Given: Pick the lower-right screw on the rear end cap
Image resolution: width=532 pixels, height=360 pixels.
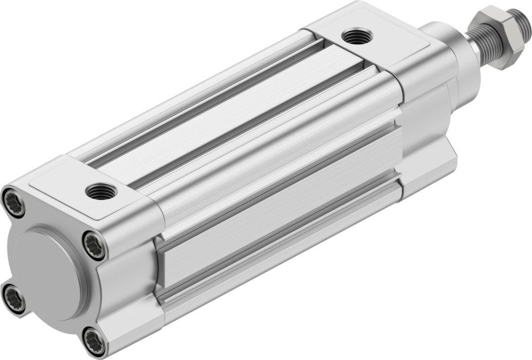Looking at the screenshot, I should tap(94, 341).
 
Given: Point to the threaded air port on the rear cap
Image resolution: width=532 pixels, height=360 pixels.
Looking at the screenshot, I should tap(101, 191).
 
